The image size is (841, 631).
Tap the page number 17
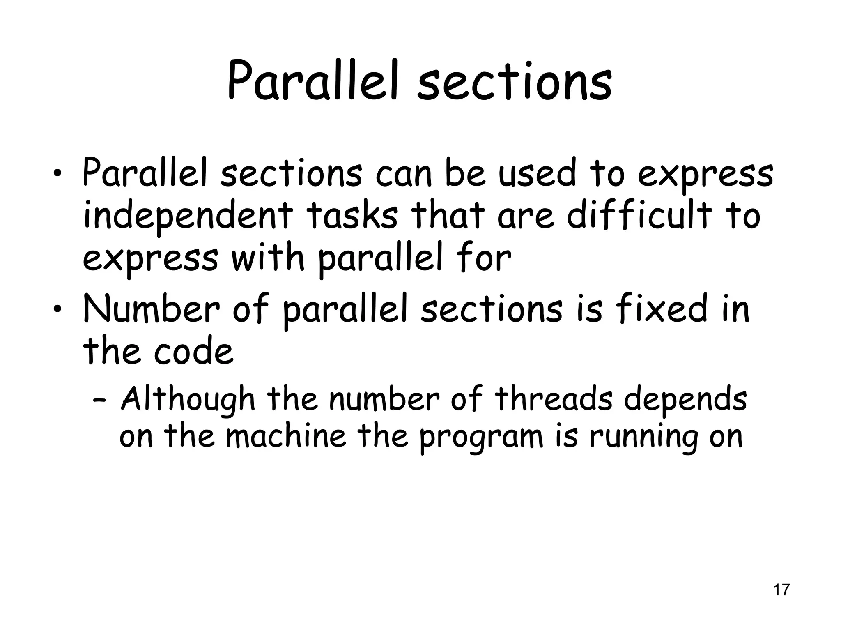[x=781, y=590]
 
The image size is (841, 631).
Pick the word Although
[x=188, y=399]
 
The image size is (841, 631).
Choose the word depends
[x=685, y=399]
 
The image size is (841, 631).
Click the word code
[x=193, y=352]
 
